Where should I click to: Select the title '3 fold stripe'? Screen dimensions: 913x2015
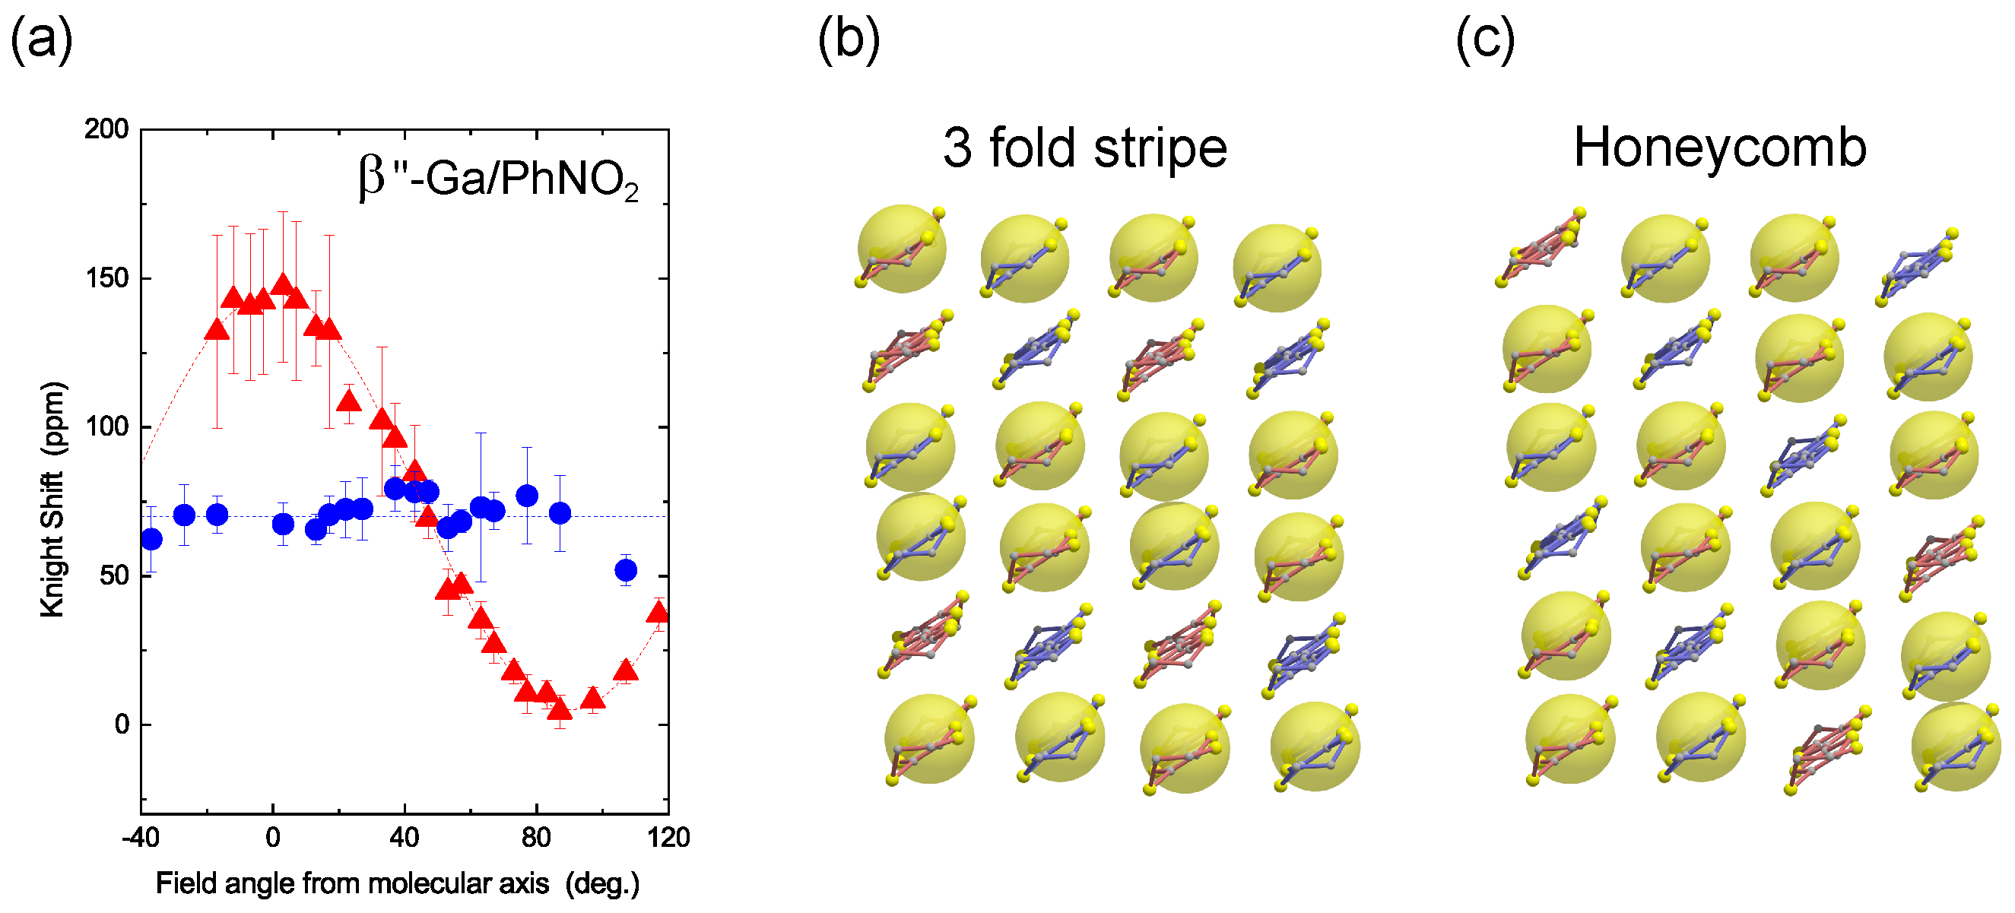(1084, 148)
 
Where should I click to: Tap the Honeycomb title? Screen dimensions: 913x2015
(1719, 148)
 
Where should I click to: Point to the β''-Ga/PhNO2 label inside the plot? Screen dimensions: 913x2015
(498, 179)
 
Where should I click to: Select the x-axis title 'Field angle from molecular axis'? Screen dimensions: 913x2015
(398, 883)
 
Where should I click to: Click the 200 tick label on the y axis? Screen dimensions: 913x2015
(106, 129)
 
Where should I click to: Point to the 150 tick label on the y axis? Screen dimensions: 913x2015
(106, 278)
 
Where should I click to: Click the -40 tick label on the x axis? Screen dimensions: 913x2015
(141, 838)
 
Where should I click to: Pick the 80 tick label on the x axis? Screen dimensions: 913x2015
(536, 838)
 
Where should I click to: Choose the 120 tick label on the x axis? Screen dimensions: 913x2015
(668, 838)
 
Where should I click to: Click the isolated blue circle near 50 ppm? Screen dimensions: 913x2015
(625, 570)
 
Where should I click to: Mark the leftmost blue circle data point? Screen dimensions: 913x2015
(152, 539)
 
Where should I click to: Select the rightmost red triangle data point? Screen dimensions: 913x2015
(658, 612)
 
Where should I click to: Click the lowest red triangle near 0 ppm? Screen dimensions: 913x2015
(560, 709)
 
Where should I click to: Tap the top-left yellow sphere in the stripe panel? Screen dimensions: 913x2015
(901, 249)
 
